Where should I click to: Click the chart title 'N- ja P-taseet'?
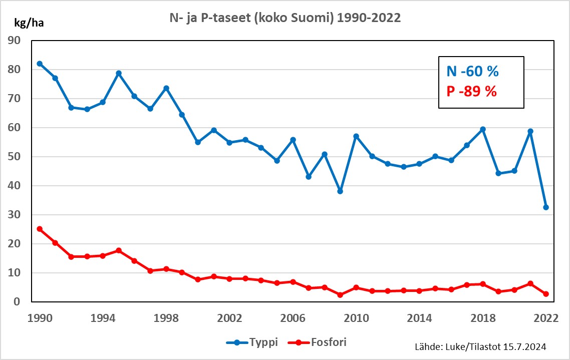(284, 19)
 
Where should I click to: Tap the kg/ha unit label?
(28, 23)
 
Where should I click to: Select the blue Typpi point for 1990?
(40, 64)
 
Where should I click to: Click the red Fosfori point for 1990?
(40, 229)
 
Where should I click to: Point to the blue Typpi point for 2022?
(546, 207)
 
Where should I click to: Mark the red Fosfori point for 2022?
(546, 294)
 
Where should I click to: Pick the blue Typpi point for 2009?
(340, 191)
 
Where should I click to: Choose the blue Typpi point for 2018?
(483, 129)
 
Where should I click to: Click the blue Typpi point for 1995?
(119, 73)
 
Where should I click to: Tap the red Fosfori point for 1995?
(119, 250)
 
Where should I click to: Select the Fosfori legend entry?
(317, 342)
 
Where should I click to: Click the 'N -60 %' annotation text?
(472, 72)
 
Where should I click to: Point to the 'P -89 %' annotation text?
(471, 92)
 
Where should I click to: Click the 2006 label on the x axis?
(293, 318)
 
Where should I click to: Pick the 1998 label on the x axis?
(166, 318)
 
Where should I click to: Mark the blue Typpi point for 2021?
(530, 131)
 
